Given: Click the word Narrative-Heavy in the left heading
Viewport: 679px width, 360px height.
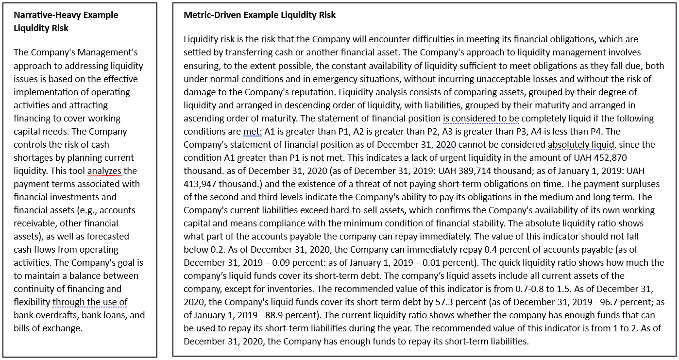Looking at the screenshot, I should click(48, 15).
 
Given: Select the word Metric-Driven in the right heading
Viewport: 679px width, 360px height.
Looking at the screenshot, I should click(212, 15).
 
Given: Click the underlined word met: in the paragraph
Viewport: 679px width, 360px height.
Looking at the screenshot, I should click(253, 131).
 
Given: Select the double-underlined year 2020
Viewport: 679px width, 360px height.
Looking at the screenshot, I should click(446, 144).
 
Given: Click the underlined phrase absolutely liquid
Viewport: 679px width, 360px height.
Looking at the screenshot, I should click(581, 144).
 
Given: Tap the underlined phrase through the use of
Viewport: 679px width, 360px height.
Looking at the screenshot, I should click(90, 302).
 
